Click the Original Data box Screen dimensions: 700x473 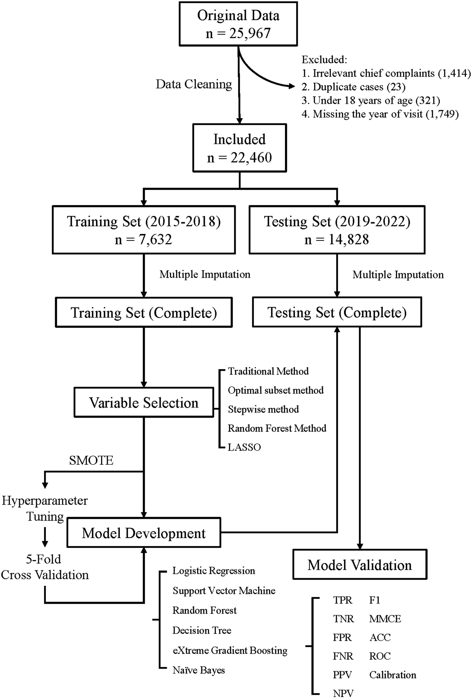(x=238, y=24)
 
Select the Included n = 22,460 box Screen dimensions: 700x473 (x=239, y=148)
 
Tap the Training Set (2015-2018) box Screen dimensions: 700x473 (x=144, y=230)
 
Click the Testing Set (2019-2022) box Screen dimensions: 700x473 (x=337, y=230)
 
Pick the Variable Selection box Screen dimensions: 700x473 (x=144, y=402)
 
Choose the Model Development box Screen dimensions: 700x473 (x=144, y=533)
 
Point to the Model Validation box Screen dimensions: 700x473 (x=360, y=565)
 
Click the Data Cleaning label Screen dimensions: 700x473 (x=194, y=84)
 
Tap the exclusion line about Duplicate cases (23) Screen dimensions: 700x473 (x=354, y=87)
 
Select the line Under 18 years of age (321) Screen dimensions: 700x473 (x=371, y=100)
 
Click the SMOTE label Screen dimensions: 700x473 (x=91, y=460)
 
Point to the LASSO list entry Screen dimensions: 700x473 (x=244, y=447)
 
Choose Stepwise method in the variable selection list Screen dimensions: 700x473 (x=263, y=409)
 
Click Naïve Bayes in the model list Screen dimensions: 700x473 (x=199, y=670)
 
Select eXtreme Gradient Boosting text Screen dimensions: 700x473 (x=230, y=650)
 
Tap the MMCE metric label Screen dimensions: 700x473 (x=385, y=619)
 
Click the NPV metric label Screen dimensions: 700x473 (x=343, y=693)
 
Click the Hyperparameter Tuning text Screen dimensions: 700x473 (x=45, y=508)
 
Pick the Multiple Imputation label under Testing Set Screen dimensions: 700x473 (x=398, y=275)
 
